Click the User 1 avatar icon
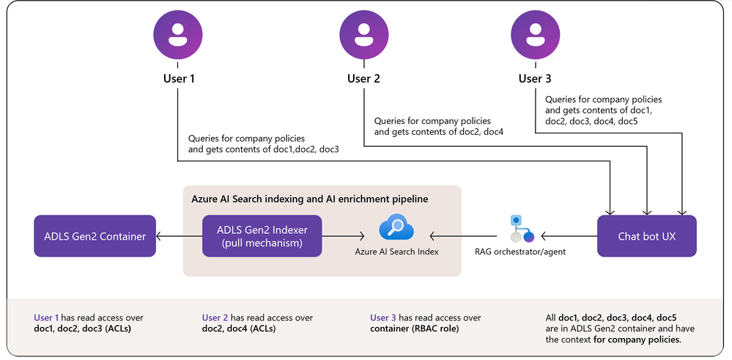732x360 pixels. [x=178, y=35]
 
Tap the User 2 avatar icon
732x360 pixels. [x=363, y=35]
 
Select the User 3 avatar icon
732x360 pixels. [x=535, y=35]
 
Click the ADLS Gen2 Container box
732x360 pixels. [x=95, y=236]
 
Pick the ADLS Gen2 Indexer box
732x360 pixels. [x=262, y=236]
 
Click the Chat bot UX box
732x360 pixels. [x=646, y=236]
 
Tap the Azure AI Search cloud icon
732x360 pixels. [x=396, y=227]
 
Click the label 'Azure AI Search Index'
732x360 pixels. [x=396, y=251]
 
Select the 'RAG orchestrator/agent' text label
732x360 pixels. [x=520, y=251]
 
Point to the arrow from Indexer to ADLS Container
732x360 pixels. [x=179, y=236]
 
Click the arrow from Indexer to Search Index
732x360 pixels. [x=343, y=236]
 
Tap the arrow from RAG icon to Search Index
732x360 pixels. [x=464, y=236]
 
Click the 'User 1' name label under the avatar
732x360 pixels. [x=179, y=78]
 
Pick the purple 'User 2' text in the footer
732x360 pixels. [x=215, y=318]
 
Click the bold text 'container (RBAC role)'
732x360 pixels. [x=415, y=328]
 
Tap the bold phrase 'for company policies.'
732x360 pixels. [x=637, y=339]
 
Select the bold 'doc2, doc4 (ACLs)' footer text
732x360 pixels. [x=239, y=328]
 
